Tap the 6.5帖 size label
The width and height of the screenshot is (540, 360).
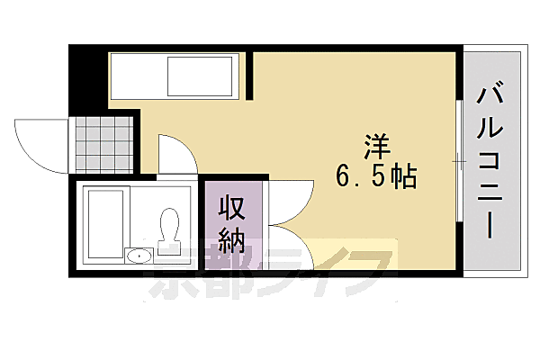click(x=376, y=177)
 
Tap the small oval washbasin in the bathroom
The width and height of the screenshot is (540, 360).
click(x=139, y=256)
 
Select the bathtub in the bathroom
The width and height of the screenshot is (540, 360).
click(x=105, y=224)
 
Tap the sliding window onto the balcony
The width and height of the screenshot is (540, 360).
click(x=459, y=162)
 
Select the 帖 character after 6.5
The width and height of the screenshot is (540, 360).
click(x=403, y=177)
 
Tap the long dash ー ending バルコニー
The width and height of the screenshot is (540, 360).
click(x=490, y=223)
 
